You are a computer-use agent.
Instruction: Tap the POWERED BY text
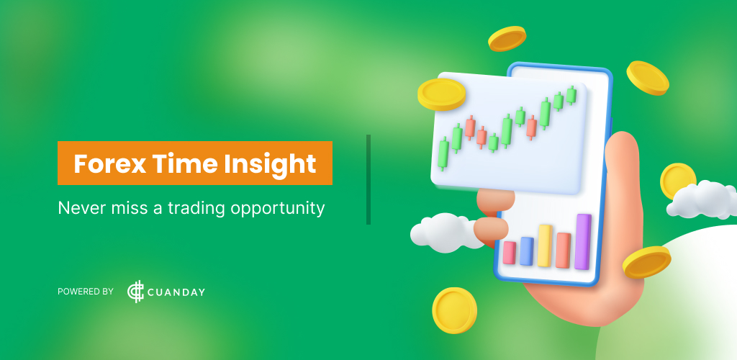tap(86, 292)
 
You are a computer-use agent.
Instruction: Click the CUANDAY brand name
tap(177, 292)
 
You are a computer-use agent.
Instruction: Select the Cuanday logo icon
tap(135, 292)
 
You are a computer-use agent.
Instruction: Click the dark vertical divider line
tap(368, 179)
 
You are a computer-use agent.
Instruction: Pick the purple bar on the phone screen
tap(582, 241)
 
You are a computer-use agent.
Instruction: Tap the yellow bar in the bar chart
tap(545, 246)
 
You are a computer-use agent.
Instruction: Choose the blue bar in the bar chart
tap(527, 251)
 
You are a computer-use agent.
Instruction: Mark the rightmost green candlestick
tap(571, 95)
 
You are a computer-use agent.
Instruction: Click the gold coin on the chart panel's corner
tap(441, 94)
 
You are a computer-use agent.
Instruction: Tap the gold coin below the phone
tap(454, 310)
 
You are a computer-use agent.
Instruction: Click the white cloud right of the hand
tap(702, 201)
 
